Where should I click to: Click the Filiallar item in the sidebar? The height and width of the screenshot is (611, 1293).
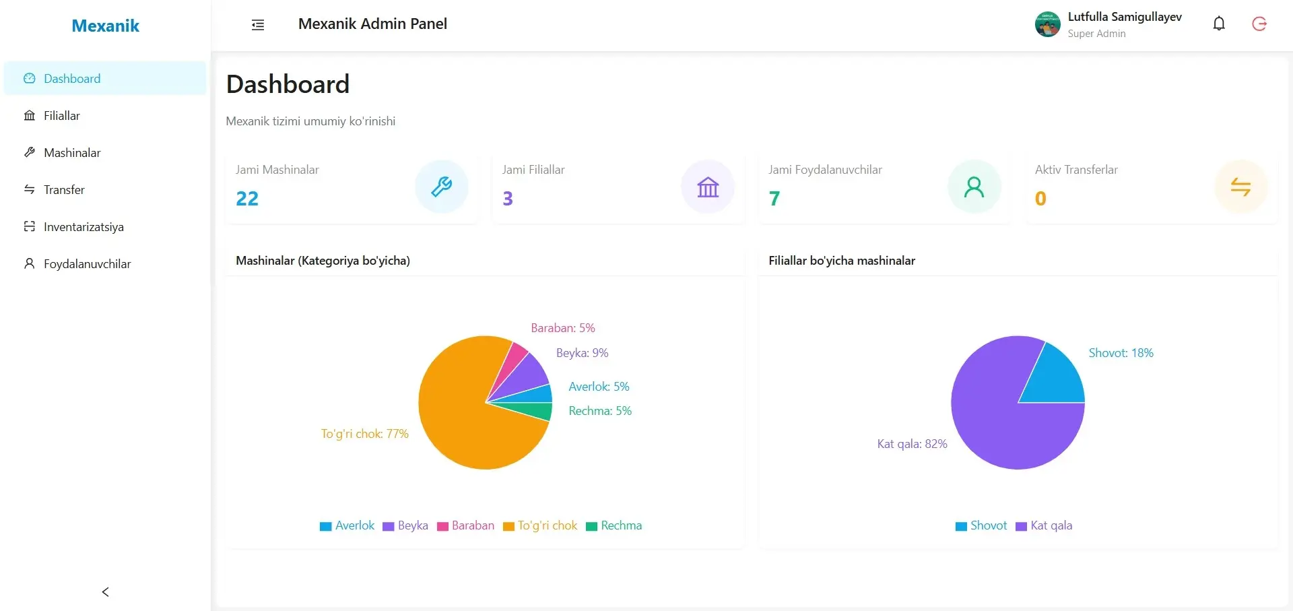[61, 116]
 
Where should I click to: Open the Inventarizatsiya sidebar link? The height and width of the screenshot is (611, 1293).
[84, 227]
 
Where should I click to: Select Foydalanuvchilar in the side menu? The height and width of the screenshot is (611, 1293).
[87, 264]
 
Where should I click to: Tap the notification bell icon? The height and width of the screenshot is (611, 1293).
[1219, 24]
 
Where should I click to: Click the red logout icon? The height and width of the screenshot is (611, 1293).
[1259, 24]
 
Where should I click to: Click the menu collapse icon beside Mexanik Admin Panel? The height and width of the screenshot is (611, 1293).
[258, 25]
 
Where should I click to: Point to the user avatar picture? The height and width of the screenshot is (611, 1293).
[1047, 24]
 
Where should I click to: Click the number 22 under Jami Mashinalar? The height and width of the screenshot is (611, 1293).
[247, 199]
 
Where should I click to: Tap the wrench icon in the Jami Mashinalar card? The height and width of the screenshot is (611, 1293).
[441, 187]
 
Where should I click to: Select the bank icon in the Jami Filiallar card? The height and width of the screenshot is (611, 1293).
[708, 187]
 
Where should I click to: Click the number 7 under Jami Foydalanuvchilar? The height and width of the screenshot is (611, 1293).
[774, 199]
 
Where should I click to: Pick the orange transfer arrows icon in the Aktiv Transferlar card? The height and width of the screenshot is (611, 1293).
[1240, 187]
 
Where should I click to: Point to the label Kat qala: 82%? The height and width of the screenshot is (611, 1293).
[912, 444]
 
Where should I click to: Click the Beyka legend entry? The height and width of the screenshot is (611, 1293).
[405, 525]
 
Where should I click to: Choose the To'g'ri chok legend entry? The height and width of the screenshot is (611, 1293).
[540, 525]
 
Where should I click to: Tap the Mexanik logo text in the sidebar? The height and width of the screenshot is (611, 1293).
[105, 26]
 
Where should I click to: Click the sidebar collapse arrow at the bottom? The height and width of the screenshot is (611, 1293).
[105, 591]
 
